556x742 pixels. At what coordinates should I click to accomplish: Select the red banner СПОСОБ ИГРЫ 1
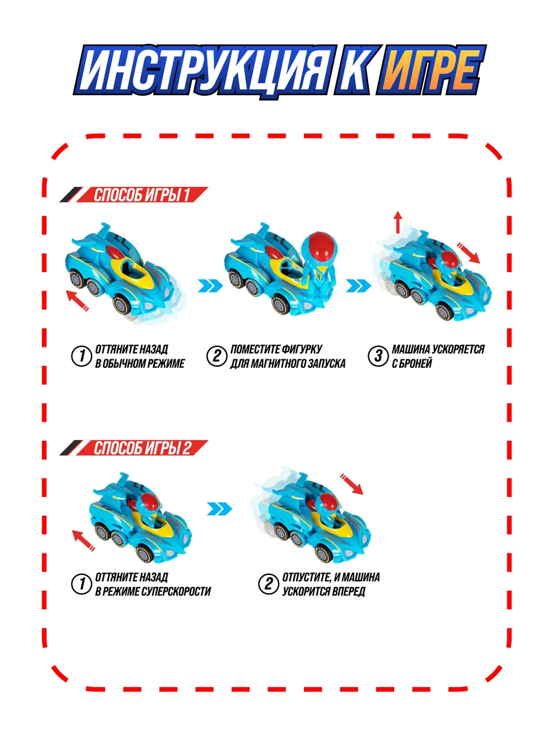134,195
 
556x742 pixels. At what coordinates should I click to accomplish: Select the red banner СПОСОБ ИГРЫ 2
134,448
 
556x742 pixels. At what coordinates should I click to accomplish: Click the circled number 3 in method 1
377,356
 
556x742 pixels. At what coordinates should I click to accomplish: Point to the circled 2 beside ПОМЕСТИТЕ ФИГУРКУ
216,356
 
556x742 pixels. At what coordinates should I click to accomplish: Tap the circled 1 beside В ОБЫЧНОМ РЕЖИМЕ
82,356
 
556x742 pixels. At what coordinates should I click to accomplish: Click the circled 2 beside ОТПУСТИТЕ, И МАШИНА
268,584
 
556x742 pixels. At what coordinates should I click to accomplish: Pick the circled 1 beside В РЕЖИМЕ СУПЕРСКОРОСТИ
82,584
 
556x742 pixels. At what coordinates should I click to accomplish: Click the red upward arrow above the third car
398,222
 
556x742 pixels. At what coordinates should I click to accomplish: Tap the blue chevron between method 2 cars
220,508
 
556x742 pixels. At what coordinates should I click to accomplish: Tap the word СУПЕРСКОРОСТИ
176,591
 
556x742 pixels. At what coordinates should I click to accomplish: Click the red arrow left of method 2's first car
83,540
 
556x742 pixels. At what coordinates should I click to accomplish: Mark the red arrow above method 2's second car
352,484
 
